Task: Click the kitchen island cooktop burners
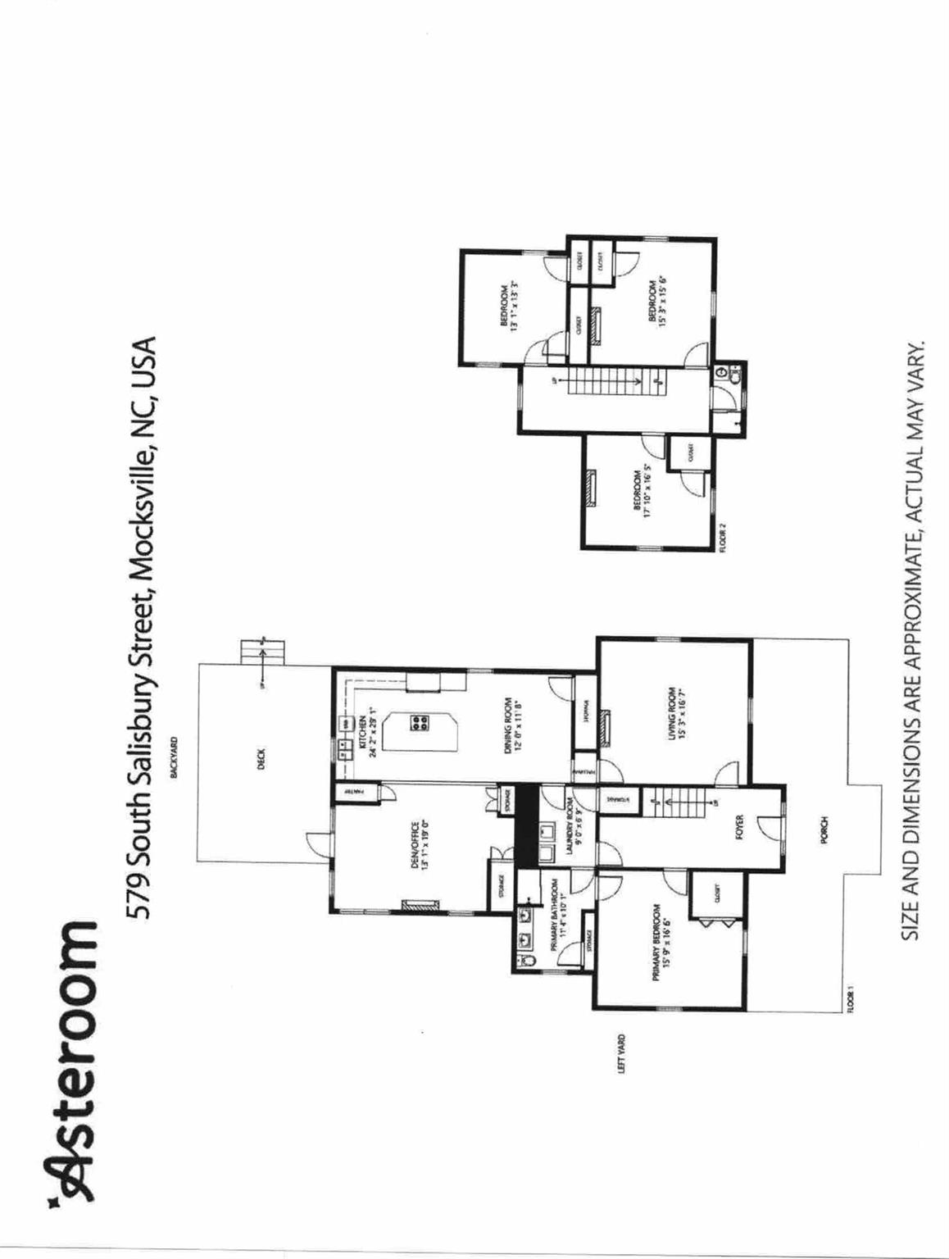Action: click(x=420, y=723)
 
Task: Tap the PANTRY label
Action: click(x=348, y=793)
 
